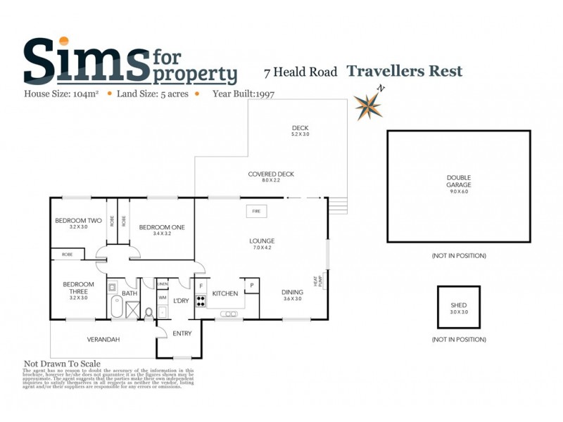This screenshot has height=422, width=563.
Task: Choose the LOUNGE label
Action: click(262, 243)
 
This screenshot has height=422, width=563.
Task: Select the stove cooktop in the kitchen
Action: click(200, 302)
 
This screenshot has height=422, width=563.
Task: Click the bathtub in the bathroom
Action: click(116, 307)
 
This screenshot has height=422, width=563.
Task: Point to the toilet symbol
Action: click(148, 312)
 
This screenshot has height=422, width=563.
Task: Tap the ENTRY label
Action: click(182, 333)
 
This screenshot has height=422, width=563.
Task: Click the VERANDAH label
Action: click(103, 340)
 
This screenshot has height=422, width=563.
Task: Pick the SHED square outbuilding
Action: click(459, 307)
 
